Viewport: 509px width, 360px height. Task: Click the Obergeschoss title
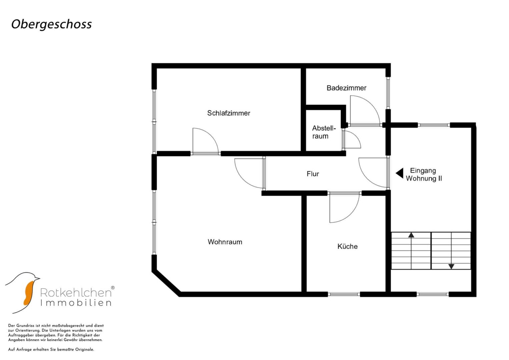click(x=52, y=24)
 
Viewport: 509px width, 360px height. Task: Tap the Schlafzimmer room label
click(x=229, y=113)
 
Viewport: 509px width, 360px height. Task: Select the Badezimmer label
click(x=347, y=88)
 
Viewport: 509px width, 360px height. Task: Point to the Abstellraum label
click(x=324, y=132)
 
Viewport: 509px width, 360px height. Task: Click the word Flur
click(x=313, y=174)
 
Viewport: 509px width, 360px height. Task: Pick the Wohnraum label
click(x=225, y=242)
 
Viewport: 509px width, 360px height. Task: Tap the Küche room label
click(x=347, y=246)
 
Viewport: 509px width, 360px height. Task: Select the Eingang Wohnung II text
click(x=424, y=175)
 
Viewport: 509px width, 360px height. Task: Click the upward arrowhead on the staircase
click(x=411, y=235)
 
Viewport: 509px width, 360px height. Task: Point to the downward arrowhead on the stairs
click(x=451, y=266)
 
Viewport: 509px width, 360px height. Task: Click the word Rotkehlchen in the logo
click(x=76, y=293)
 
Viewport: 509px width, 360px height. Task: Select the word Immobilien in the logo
click(x=76, y=303)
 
